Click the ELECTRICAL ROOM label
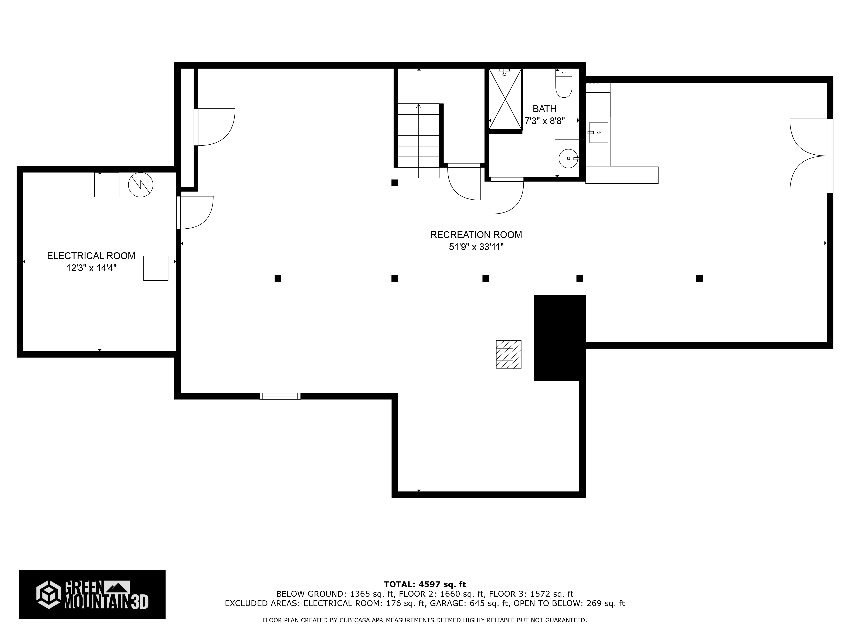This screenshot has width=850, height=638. click(x=91, y=256)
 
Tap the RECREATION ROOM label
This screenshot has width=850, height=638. click(x=476, y=235)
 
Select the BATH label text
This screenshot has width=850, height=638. click(x=544, y=109)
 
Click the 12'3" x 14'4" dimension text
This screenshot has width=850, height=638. click(x=91, y=268)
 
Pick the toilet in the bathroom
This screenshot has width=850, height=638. click(x=564, y=83)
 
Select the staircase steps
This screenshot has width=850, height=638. click(x=418, y=141)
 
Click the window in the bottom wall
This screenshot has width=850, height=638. click(x=280, y=396)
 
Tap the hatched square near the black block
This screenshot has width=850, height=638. click(x=508, y=354)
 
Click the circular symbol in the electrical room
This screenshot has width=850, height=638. click(x=141, y=185)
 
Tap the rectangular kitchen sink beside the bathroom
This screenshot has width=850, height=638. click(x=599, y=132)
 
